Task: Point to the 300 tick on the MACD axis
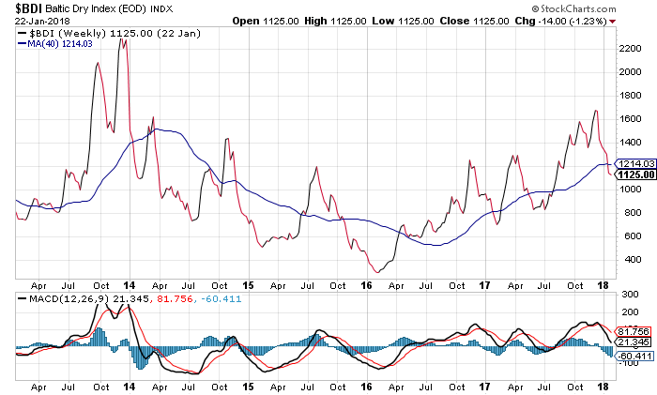(x=624, y=296)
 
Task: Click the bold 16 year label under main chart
(x=367, y=282)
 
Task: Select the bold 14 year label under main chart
(x=130, y=282)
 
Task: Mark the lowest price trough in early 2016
(x=378, y=272)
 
